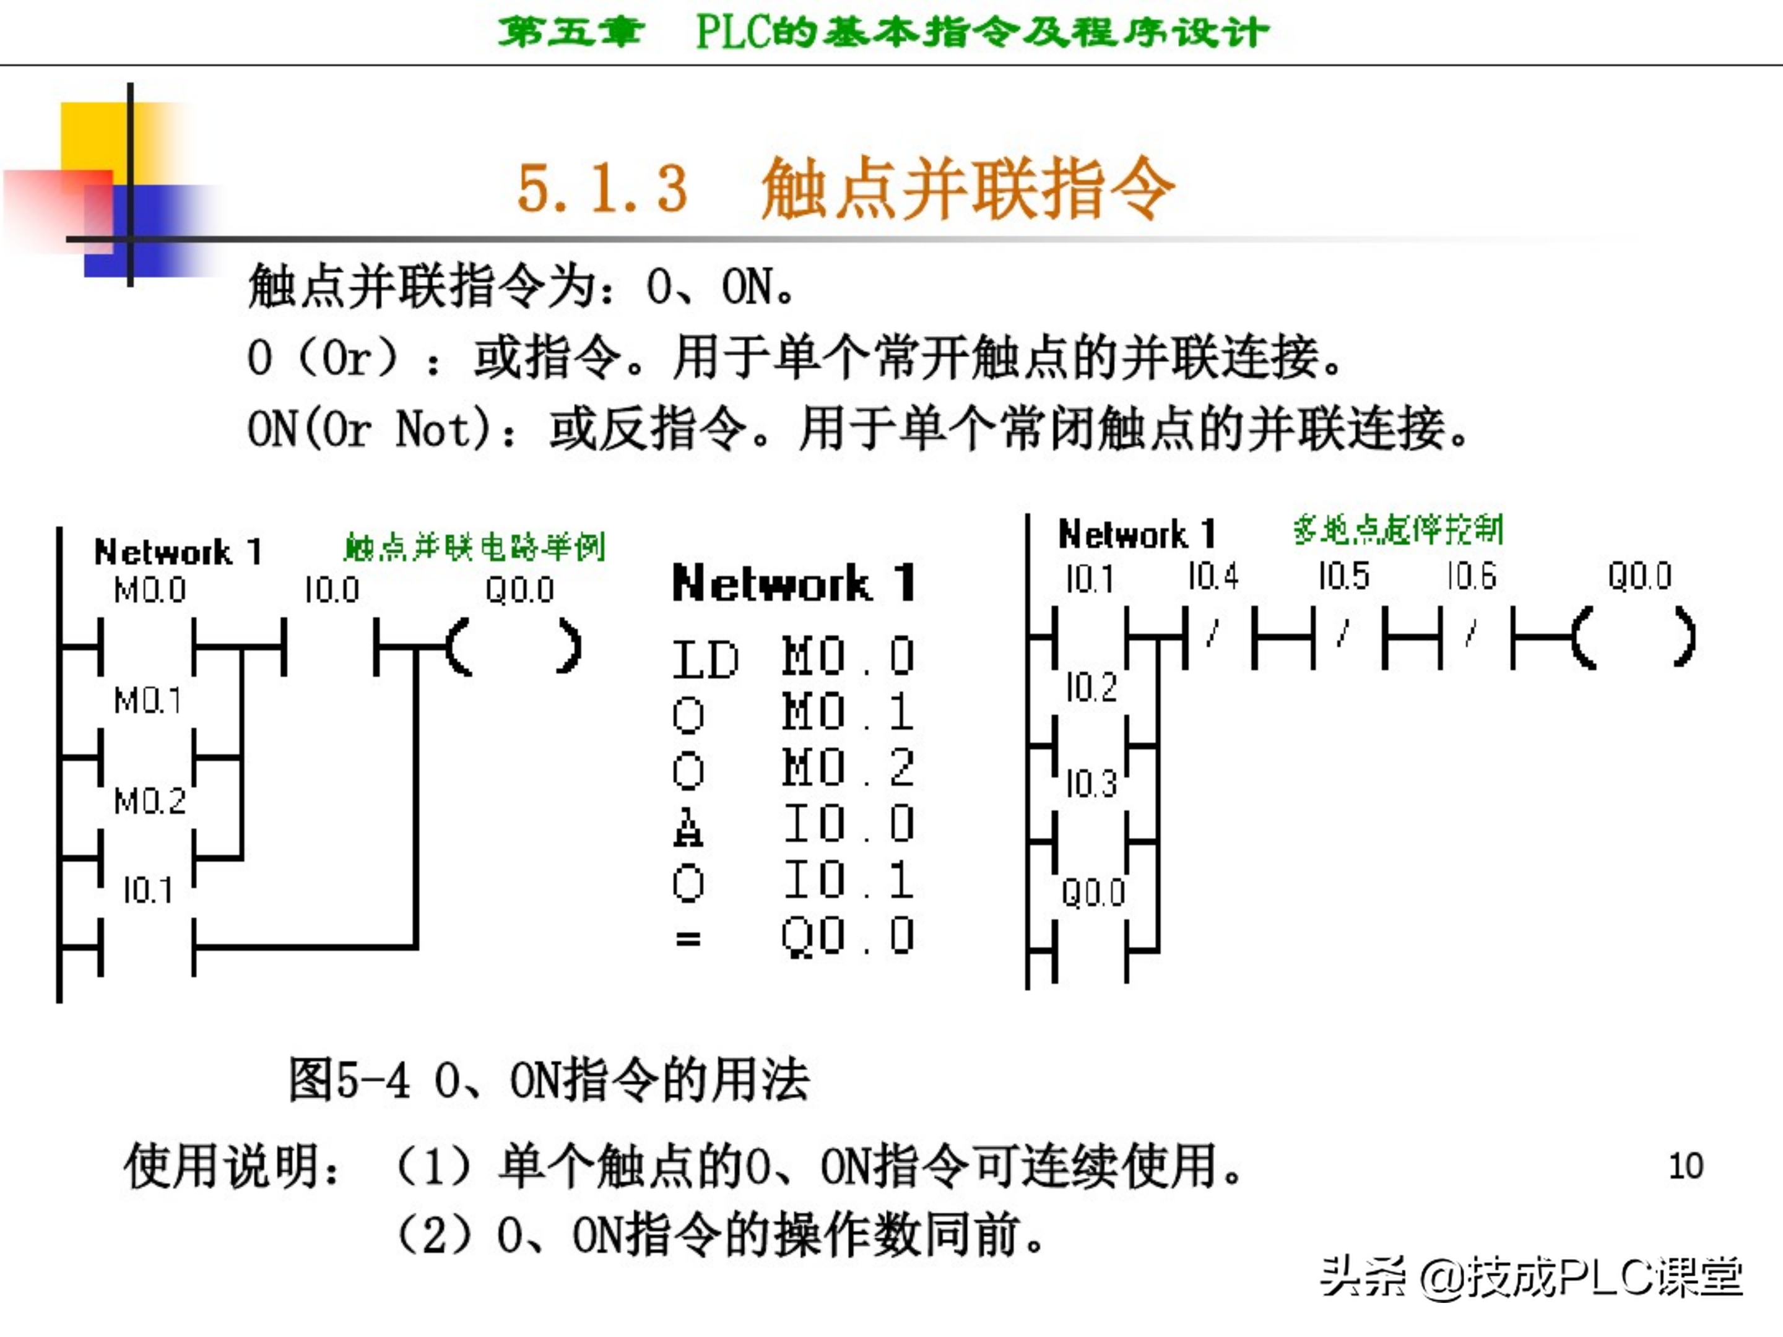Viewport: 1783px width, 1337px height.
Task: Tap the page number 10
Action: click(x=1685, y=1166)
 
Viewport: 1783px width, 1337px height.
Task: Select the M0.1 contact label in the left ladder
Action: click(x=147, y=699)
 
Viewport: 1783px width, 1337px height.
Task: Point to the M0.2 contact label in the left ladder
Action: click(x=150, y=800)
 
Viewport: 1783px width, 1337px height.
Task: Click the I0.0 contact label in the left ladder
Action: click(x=331, y=590)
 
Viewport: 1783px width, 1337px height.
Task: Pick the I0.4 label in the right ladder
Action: click(x=1213, y=576)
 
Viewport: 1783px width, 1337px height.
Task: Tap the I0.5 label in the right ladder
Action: click(x=1343, y=576)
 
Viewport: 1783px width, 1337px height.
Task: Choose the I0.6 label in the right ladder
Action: click(x=1472, y=576)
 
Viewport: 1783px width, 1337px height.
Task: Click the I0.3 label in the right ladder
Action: click(x=1091, y=784)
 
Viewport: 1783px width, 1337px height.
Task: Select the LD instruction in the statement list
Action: click(x=705, y=659)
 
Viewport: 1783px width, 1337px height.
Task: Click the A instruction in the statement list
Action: click(x=688, y=827)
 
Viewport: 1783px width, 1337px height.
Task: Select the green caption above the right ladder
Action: click(x=1399, y=529)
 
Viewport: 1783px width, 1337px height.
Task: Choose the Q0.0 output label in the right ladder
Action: click(x=1639, y=576)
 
